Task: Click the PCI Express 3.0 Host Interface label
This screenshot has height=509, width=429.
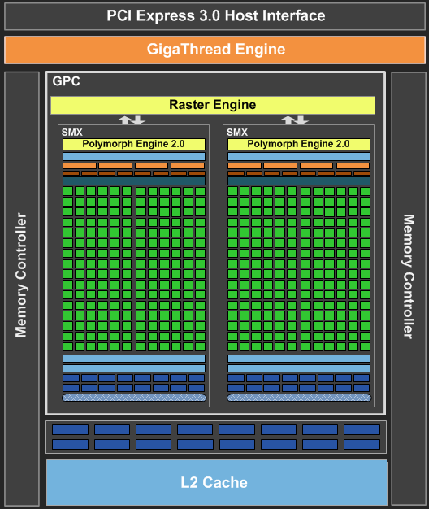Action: click(216, 15)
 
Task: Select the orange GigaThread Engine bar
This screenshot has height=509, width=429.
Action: click(214, 50)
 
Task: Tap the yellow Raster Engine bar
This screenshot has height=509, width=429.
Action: click(213, 105)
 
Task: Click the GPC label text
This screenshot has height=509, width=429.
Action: click(66, 81)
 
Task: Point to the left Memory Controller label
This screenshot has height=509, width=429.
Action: click(21, 275)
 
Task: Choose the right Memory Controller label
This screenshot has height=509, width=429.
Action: click(409, 276)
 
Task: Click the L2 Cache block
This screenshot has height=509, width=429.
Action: click(217, 482)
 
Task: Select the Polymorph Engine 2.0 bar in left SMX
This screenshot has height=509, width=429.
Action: click(134, 144)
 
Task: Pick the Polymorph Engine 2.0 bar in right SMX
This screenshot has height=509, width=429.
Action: click(299, 144)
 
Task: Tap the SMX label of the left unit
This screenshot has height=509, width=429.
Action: click(72, 133)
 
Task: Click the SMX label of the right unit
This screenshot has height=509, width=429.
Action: click(237, 133)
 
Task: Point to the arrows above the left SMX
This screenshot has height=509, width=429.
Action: click(132, 120)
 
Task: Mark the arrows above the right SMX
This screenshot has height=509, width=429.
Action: click(295, 120)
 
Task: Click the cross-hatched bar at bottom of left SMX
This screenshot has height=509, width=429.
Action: click(134, 398)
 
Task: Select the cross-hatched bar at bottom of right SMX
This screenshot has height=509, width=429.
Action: click(299, 398)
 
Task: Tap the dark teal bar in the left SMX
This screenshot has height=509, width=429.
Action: click(134, 181)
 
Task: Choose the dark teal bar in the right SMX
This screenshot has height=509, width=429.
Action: click(299, 181)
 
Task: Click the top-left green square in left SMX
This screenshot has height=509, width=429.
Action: click(67, 191)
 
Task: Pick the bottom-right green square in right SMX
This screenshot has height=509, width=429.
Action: click(365, 346)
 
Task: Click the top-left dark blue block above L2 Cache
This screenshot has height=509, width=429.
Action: click(70, 430)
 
